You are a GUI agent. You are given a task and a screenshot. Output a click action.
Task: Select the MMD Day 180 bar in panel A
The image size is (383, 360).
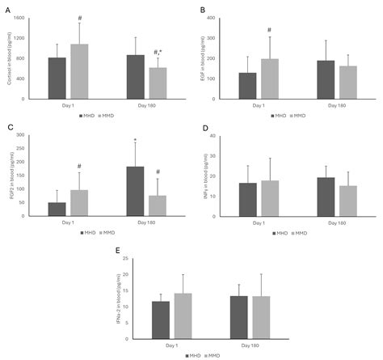point(158,83)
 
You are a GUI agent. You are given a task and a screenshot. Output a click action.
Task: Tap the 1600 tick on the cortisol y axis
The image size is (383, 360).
point(30,18)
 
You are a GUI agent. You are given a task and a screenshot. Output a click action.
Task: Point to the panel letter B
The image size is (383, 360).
point(202,10)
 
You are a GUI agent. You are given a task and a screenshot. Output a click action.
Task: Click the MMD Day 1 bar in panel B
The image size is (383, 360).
point(269,78)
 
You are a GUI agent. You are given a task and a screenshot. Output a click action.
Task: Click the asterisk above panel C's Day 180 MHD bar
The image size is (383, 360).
point(135,140)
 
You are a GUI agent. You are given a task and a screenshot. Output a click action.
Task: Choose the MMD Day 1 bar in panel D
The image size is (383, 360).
point(269,198)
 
